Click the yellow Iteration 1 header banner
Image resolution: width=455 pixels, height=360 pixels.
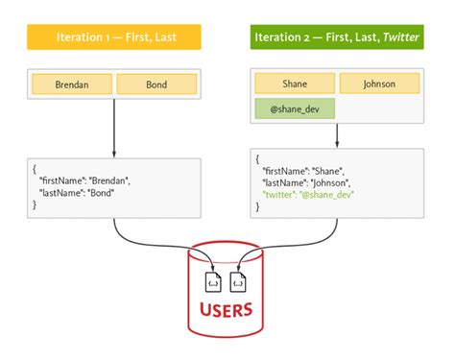114,38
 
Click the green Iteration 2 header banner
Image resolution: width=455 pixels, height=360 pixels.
338,38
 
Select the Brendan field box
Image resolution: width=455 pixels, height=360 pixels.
72,84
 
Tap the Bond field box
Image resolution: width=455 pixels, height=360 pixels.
156,84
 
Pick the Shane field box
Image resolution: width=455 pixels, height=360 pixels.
295,83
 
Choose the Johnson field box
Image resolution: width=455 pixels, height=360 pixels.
379,83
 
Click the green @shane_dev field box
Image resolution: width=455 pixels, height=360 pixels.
295,108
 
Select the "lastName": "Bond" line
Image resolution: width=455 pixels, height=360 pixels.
76,192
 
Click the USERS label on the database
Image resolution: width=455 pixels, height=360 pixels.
226,309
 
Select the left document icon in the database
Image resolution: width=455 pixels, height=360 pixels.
213,280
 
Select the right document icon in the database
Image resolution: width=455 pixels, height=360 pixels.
238,280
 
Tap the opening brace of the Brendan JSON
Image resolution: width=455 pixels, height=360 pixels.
35,167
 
